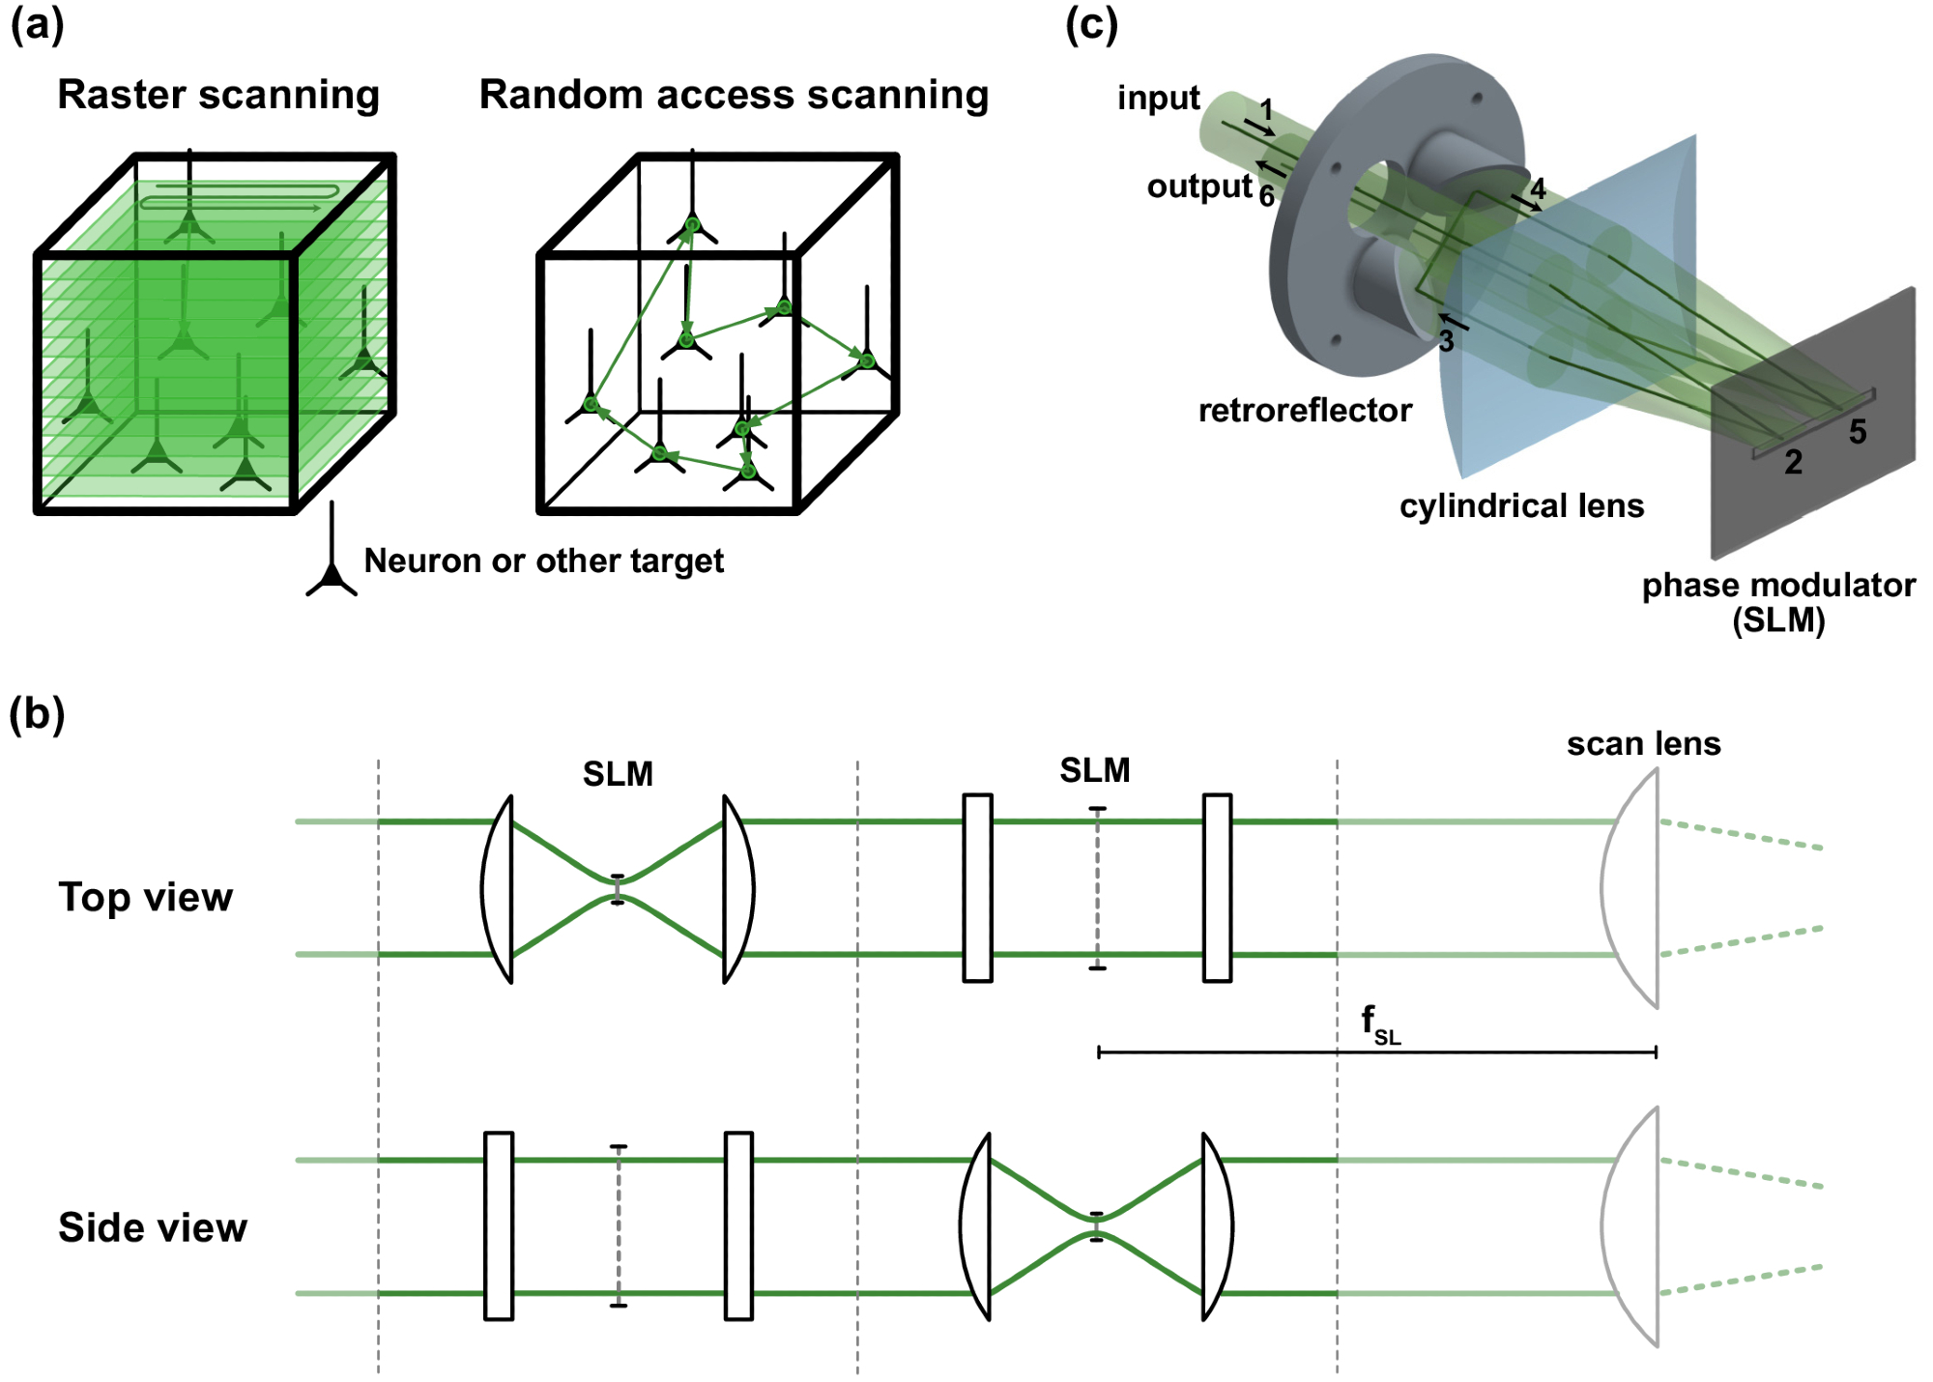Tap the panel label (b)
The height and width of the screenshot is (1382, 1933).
click(x=37, y=715)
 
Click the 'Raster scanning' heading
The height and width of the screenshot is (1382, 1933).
click(x=218, y=95)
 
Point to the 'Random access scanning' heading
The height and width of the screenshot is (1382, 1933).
click(x=734, y=95)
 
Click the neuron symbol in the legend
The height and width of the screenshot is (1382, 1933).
click(x=332, y=570)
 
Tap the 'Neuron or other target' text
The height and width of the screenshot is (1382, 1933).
click(x=543, y=561)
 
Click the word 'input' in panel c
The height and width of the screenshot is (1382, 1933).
click(x=1158, y=98)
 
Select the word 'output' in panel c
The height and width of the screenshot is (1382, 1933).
click(x=1198, y=187)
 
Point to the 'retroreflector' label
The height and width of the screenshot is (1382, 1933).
click(x=1305, y=411)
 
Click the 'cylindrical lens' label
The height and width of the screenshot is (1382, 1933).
click(x=1521, y=505)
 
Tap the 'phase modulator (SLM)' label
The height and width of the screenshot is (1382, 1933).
click(x=1778, y=601)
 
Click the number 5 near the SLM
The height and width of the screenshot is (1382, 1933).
click(x=1858, y=432)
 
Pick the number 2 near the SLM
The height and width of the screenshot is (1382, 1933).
click(x=1793, y=462)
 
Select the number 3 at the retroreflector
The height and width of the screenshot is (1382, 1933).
click(x=1446, y=341)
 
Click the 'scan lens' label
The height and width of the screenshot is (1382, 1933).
click(x=1643, y=743)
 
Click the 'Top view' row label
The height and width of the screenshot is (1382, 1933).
click(x=145, y=897)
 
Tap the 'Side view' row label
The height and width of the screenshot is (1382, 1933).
click(x=153, y=1227)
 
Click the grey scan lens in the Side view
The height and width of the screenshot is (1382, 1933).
click(x=1633, y=1226)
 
